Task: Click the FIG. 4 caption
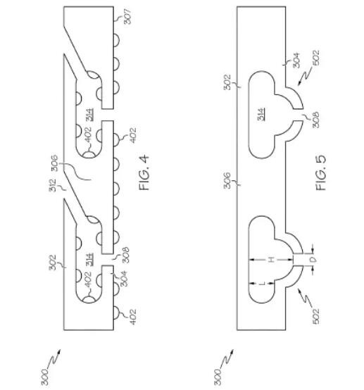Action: tap(144, 173)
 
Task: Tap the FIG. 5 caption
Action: tap(321, 173)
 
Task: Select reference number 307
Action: tap(127, 16)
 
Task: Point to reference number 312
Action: tap(54, 185)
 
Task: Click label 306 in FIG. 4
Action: tap(54, 163)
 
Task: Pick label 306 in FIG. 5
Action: tap(227, 181)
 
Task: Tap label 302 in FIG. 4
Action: tap(53, 262)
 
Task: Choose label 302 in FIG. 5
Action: tap(227, 82)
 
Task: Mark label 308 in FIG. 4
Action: tap(126, 255)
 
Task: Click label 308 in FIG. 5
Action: tap(315, 120)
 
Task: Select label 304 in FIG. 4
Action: tap(124, 278)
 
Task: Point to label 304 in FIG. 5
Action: tap(296, 60)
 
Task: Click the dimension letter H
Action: tap(272, 260)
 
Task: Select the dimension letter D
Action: tap(314, 260)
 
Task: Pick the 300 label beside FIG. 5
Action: tap(218, 377)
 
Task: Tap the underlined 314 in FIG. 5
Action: tap(261, 115)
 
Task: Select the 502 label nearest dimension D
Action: tap(315, 316)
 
